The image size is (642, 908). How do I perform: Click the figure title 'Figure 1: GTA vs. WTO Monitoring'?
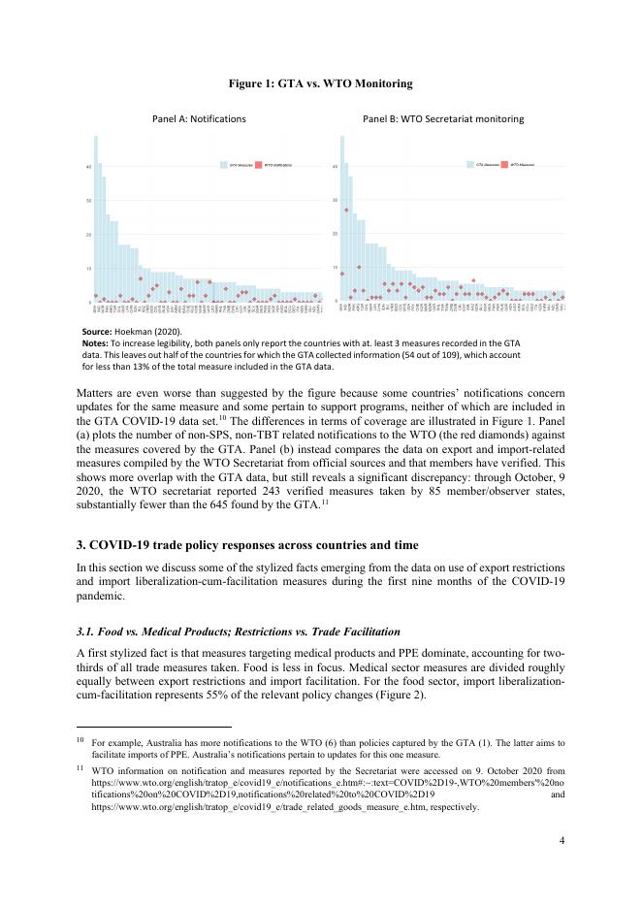[x=320, y=83]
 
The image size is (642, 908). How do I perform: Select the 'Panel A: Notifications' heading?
[x=199, y=118]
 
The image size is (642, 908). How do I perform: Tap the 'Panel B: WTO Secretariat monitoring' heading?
[x=443, y=118]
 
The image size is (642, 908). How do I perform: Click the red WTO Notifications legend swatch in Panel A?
[x=259, y=166]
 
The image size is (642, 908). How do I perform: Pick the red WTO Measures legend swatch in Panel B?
[x=505, y=166]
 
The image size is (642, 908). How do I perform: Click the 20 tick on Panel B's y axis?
[x=336, y=234]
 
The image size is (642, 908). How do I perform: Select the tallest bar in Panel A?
[x=95, y=218]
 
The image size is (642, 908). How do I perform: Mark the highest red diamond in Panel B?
[x=346, y=210]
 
